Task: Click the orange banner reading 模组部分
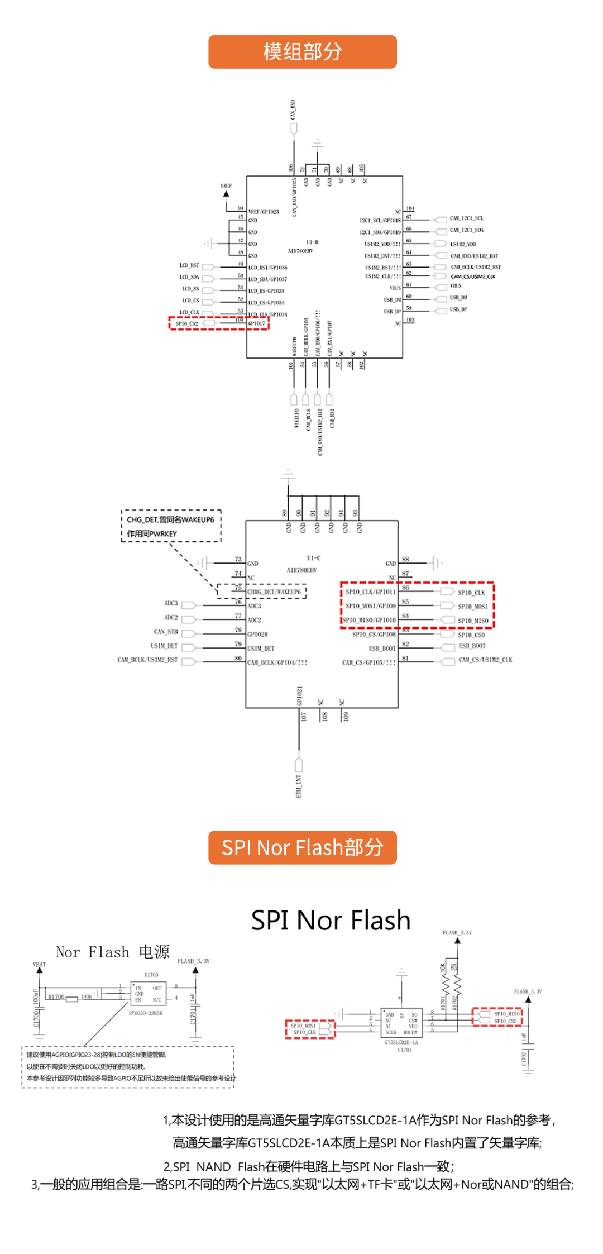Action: (x=302, y=52)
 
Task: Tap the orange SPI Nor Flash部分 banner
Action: (x=302, y=847)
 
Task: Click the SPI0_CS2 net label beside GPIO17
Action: (x=186, y=323)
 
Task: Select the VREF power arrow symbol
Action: (x=226, y=194)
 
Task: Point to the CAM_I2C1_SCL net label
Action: (x=467, y=218)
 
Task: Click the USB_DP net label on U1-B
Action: (x=458, y=309)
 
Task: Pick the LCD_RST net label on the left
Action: (x=189, y=265)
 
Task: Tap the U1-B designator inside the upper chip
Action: (x=312, y=242)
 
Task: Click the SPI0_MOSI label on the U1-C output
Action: (x=472, y=607)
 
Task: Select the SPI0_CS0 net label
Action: (x=471, y=635)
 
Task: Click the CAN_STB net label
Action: (x=166, y=632)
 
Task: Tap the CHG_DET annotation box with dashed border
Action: (x=171, y=526)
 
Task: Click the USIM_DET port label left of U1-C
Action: (x=164, y=646)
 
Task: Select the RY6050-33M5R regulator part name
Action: (x=145, y=1013)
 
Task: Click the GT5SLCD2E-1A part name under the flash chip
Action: (x=401, y=1042)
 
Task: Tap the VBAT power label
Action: (x=39, y=965)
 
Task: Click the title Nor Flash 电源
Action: (x=113, y=952)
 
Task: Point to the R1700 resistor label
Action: (x=56, y=997)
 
